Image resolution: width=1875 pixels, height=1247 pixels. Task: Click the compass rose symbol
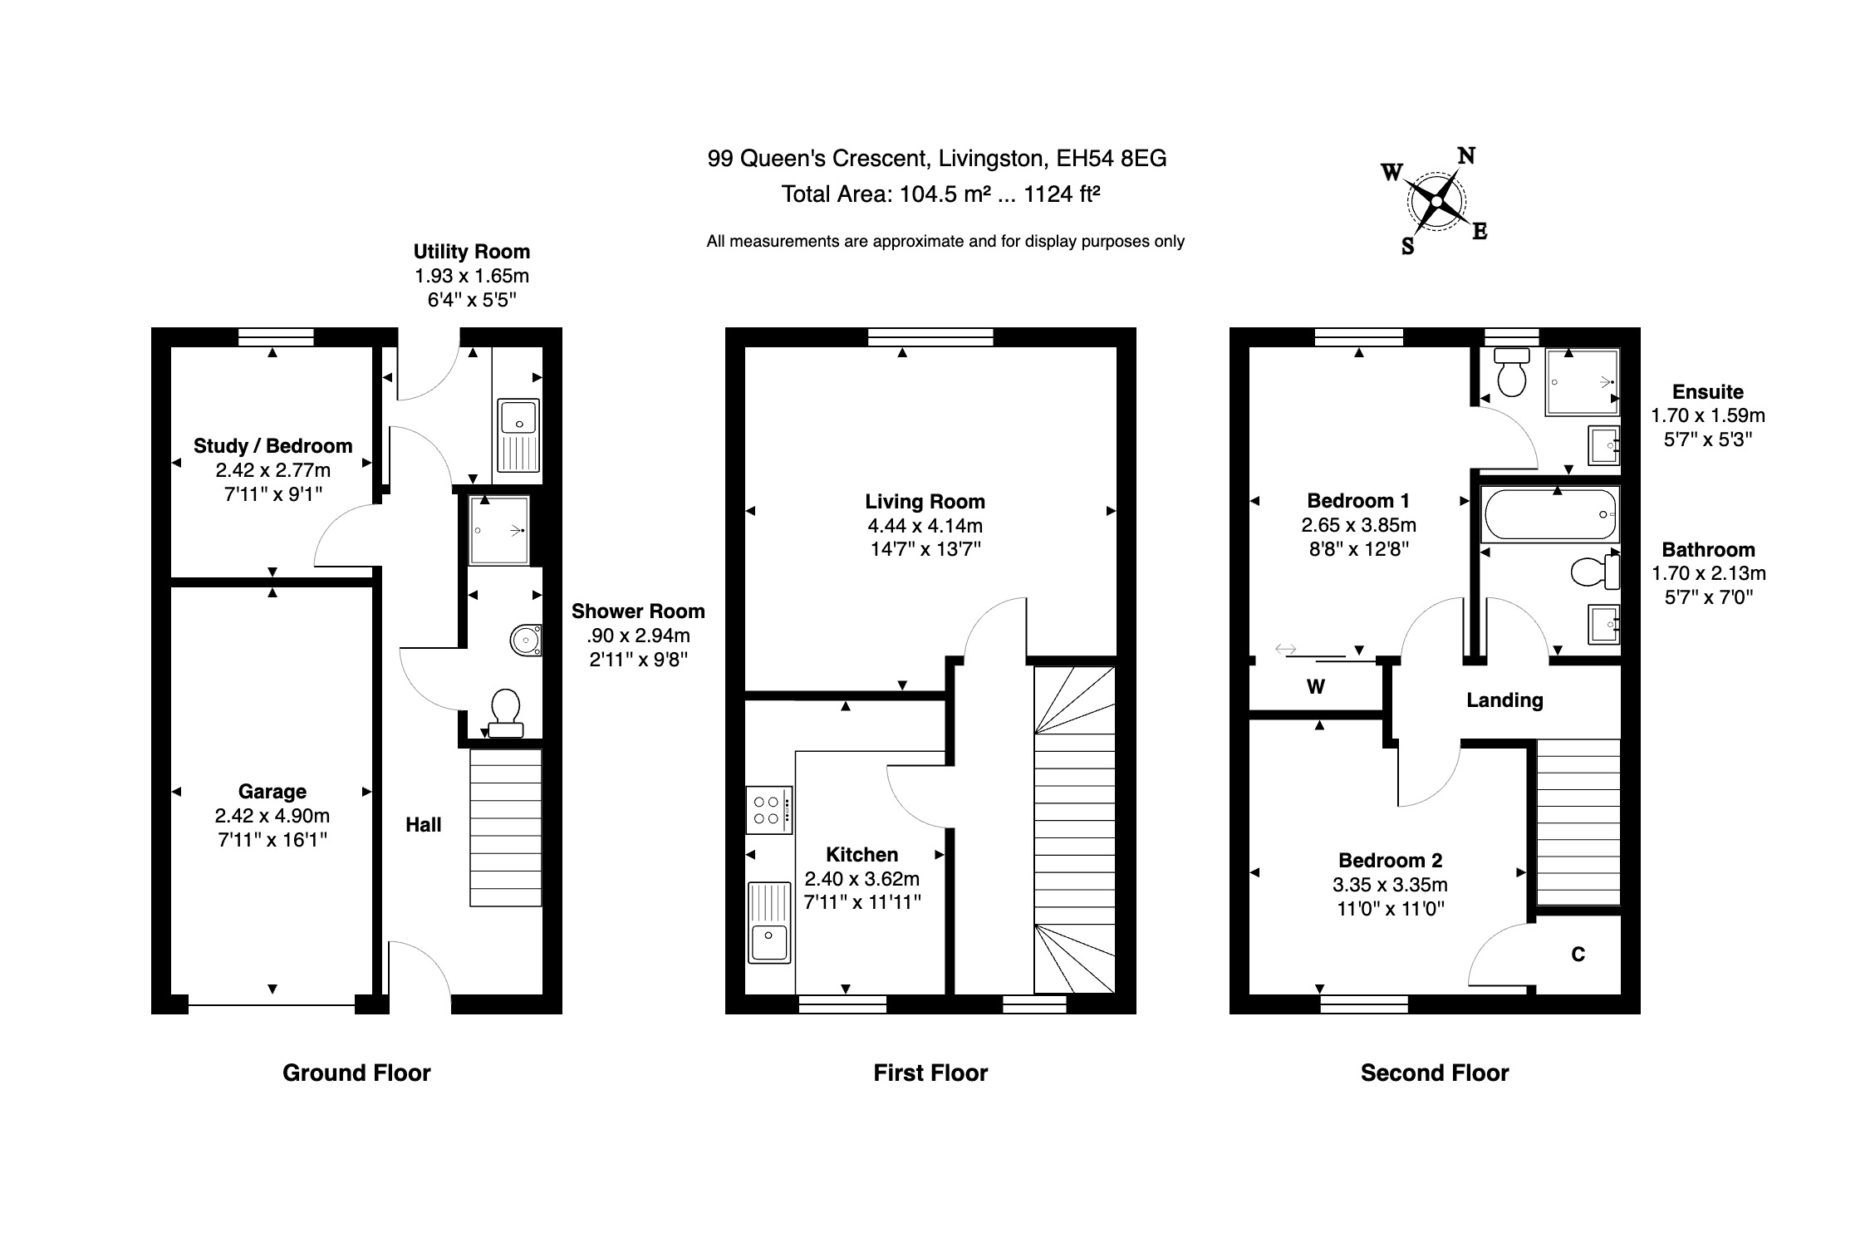[x=1436, y=201]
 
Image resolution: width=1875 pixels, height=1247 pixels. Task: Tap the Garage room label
[x=272, y=792]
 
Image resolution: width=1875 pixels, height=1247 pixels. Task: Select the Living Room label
[x=925, y=502]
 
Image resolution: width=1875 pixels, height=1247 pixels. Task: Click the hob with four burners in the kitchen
[x=768, y=810]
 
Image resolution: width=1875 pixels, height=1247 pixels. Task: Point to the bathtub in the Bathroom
[x=1549, y=514]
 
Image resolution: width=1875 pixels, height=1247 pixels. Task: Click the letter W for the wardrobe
[x=1315, y=687]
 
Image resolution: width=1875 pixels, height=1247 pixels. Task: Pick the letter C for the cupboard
[x=1578, y=955]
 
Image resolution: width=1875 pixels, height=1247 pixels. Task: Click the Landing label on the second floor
[x=1504, y=700]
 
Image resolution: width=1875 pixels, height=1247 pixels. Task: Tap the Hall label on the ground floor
[x=423, y=825]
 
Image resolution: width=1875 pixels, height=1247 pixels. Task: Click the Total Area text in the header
[x=940, y=194]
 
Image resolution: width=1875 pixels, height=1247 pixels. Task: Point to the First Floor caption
[x=930, y=1073]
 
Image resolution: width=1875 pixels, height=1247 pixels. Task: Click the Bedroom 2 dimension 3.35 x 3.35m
[x=1390, y=885]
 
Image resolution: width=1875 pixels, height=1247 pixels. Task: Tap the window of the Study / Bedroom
[x=275, y=336]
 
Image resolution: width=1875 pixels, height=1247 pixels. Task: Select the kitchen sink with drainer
[x=769, y=922]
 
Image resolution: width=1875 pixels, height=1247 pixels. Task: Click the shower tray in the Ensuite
[x=1582, y=382]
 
